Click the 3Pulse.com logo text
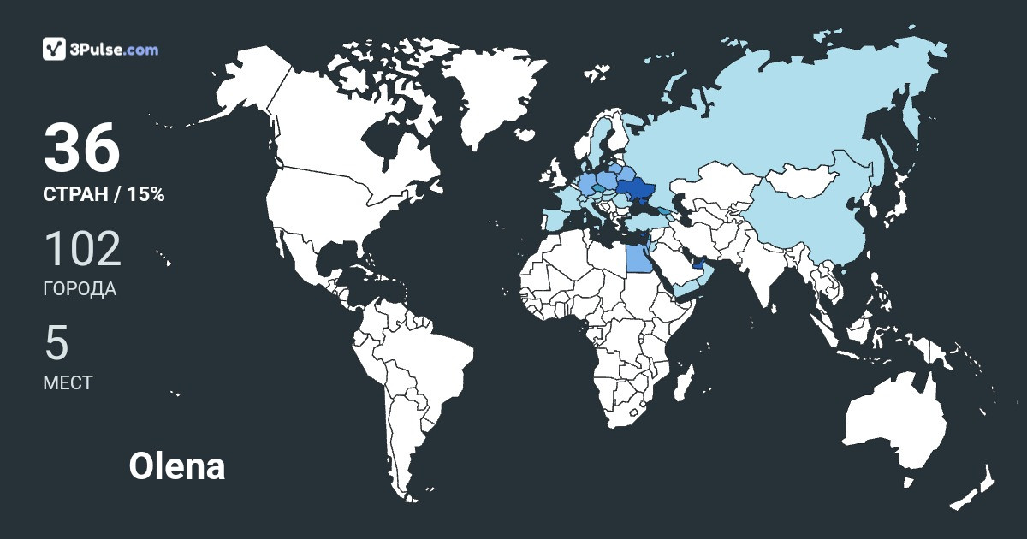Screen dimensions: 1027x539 click(114, 50)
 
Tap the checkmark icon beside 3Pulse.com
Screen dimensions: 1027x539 click(55, 49)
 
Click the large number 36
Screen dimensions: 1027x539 click(82, 148)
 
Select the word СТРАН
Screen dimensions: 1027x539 click(75, 195)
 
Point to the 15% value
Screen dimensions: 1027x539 click(145, 195)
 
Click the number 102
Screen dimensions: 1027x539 click(82, 249)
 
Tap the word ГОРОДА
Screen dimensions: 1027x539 click(80, 289)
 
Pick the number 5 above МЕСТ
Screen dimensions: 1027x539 click(56, 343)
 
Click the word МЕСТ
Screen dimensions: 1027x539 click(68, 382)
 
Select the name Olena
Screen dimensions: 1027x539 click(177, 467)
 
